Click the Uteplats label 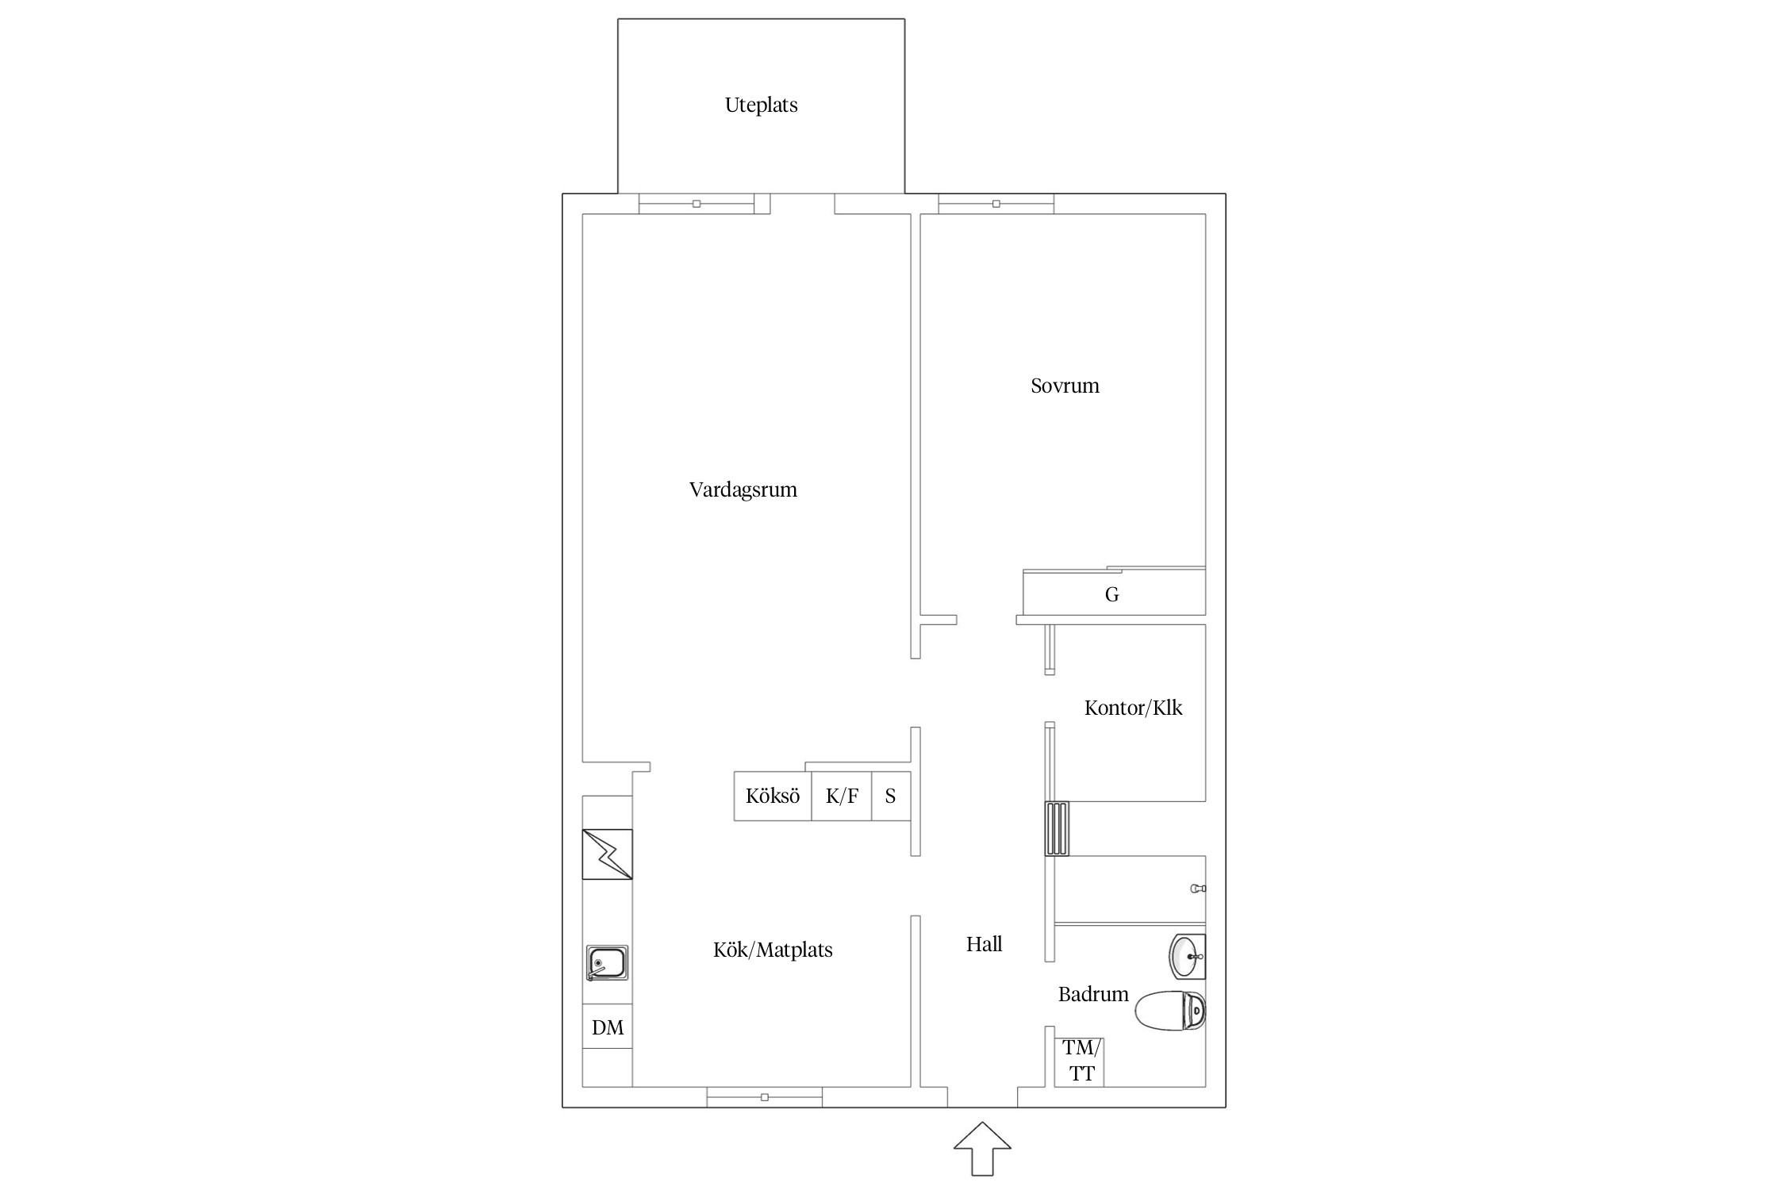coord(761,106)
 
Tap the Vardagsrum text coord(743,490)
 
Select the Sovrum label coord(1065,386)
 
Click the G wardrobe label coord(1111,594)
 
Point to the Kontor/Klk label coord(1133,708)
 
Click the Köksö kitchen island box coord(773,796)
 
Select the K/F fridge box coord(842,796)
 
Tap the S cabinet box coord(891,796)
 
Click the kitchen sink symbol coord(607,963)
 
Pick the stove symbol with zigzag coord(607,854)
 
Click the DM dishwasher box coord(608,1027)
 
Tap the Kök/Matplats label coord(773,950)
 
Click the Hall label coord(984,944)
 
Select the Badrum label coord(1093,994)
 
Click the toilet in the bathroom coord(1170,1011)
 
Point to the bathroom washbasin coord(1188,957)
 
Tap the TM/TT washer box coord(1080,1061)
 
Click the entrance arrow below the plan coord(982,1148)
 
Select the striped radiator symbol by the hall coord(1057,828)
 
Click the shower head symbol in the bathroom coord(1198,889)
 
